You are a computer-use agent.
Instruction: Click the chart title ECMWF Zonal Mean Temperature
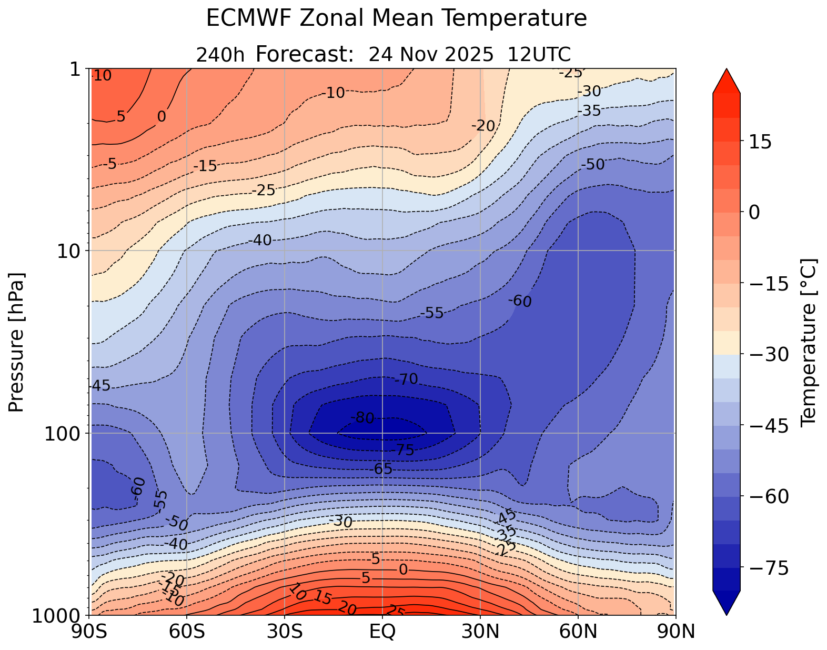click(396, 19)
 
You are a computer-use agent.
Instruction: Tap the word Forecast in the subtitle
click(304, 54)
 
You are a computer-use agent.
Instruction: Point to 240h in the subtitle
click(220, 55)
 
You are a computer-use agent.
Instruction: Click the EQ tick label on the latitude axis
click(382, 631)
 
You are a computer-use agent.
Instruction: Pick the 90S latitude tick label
click(90, 631)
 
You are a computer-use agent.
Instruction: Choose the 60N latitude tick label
click(578, 631)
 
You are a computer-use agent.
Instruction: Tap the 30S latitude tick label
click(285, 631)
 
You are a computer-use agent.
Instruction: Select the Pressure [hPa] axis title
click(17, 342)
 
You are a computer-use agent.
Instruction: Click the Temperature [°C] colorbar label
click(808, 342)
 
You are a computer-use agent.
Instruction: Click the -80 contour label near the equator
click(362, 418)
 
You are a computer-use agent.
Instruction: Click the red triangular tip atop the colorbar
click(727, 81)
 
